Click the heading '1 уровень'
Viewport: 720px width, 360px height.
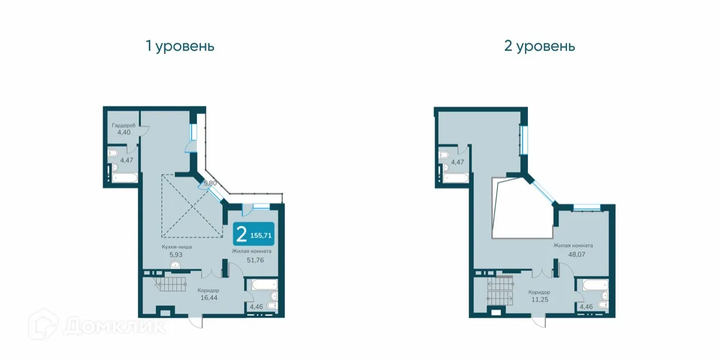pos(180,46)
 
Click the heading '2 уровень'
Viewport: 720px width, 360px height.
pos(539,46)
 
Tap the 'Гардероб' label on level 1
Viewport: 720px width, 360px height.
pos(123,125)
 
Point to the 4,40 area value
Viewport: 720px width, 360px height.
pos(123,132)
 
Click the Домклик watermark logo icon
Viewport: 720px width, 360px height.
pos(48,327)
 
